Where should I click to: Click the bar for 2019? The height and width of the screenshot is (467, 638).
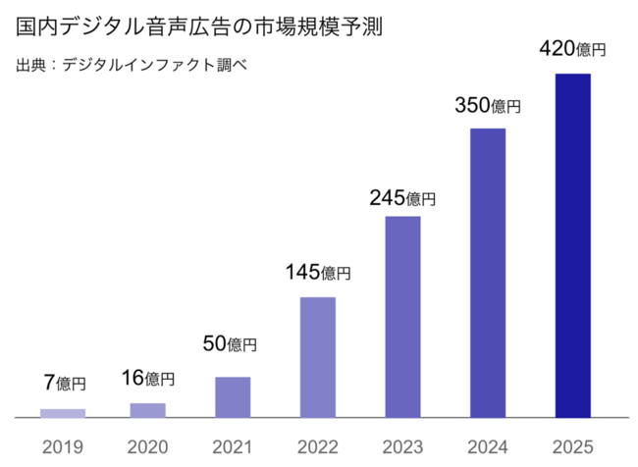tap(63, 413)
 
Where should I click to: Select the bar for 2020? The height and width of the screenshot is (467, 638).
tap(148, 410)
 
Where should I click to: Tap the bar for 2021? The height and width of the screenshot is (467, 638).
tap(233, 397)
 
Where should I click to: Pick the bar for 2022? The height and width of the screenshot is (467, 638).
tap(317, 357)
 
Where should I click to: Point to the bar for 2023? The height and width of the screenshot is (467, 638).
tap(402, 317)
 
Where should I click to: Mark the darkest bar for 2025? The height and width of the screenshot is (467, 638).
tap(573, 245)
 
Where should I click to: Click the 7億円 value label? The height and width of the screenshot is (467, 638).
tap(64, 384)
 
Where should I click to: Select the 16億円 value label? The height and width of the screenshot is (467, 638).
tap(148, 378)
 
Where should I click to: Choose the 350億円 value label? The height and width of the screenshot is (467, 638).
tap(488, 106)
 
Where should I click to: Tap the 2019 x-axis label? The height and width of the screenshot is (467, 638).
tap(63, 446)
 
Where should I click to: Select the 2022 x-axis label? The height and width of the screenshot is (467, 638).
tap(317, 446)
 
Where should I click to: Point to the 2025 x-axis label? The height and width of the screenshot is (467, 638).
tap(573, 446)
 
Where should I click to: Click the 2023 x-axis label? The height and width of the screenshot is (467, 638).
tap(402, 446)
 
